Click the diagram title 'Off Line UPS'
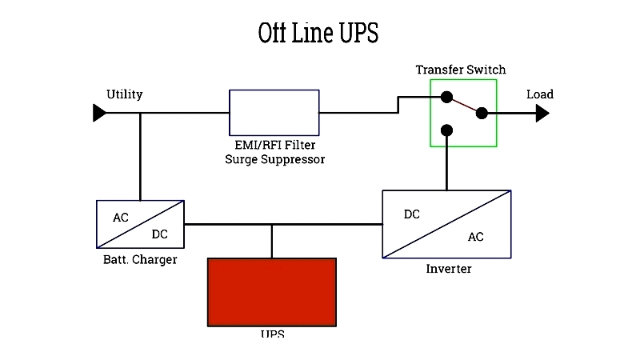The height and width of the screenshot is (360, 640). click(x=318, y=34)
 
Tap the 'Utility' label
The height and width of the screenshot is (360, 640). click(x=124, y=94)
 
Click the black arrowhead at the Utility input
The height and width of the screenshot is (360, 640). click(x=99, y=113)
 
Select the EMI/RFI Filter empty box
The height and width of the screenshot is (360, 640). click(x=274, y=113)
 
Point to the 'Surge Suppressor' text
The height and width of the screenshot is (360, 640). click(x=274, y=159)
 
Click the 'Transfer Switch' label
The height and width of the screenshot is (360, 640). click(x=460, y=70)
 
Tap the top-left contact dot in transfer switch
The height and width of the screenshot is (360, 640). click(x=446, y=98)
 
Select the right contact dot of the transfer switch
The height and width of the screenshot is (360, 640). click(x=482, y=113)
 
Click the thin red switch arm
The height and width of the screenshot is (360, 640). click(x=464, y=106)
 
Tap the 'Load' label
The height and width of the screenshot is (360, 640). click(x=539, y=94)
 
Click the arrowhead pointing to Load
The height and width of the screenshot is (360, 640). click(x=542, y=114)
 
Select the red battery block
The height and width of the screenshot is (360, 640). click(x=272, y=290)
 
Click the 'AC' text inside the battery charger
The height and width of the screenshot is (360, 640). click(x=120, y=217)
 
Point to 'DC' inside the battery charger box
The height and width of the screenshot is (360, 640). click(x=159, y=234)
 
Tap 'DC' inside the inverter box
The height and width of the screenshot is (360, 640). click(x=411, y=214)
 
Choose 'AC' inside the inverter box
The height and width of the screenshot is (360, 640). click(x=475, y=238)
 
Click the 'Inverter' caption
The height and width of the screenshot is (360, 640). click(x=449, y=269)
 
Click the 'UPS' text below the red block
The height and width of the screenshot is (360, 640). click(x=272, y=333)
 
